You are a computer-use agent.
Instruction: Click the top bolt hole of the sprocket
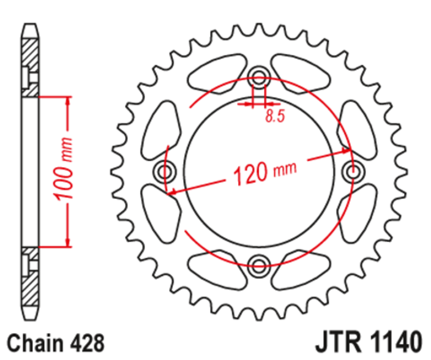(x=258, y=76)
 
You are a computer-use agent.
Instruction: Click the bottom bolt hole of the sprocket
(x=258, y=266)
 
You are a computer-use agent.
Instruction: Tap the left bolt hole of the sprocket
(x=165, y=172)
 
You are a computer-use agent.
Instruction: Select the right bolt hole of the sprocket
(x=353, y=172)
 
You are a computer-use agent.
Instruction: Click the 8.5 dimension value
(x=275, y=116)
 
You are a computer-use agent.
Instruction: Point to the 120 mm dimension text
(x=265, y=173)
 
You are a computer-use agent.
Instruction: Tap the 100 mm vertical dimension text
(x=64, y=169)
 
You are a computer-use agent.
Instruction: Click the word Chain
(x=36, y=343)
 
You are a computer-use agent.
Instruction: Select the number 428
(x=86, y=343)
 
